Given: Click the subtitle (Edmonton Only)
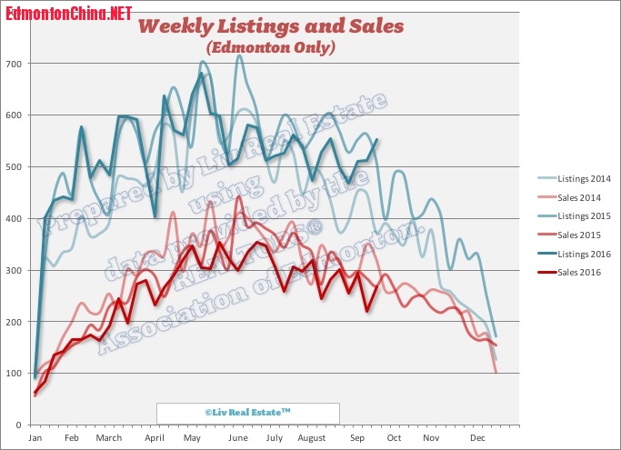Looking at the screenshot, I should point(270,46).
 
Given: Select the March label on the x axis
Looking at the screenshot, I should point(108,438).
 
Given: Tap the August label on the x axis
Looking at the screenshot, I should point(311,438).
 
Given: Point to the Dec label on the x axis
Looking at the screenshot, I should point(476,438).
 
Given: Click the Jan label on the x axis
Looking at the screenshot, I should point(35,438).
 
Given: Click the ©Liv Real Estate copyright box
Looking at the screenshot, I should point(247,413).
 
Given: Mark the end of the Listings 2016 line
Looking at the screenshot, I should point(377,139).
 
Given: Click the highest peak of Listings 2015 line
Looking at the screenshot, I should point(239,55).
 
